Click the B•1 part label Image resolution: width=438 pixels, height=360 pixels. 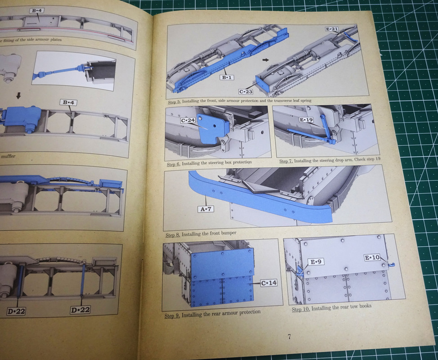(x=227, y=77)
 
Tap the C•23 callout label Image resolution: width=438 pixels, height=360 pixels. (x=246, y=91)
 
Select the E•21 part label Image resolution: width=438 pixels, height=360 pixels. (x=332, y=29)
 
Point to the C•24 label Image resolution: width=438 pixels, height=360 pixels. (x=188, y=121)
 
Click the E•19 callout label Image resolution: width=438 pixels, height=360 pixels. (x=306, y=120)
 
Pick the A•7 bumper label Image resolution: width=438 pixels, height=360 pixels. (x=206, y=209)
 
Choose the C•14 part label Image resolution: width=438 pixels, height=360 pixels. (x=269, y=283)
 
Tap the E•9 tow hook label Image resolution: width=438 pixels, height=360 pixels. (x=316, y=262)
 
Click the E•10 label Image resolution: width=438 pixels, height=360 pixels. (x=372, y=257)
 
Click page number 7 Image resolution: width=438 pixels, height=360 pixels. (x=289, y=337)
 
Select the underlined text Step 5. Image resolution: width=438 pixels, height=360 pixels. (x=174, y=102)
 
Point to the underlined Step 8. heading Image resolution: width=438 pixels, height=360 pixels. (x=173, y=235)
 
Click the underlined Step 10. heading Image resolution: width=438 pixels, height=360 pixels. (x=301, y=309)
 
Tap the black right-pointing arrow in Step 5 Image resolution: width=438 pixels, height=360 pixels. (x=266, y=60)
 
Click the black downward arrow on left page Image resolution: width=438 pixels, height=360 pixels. (x=18, y=96)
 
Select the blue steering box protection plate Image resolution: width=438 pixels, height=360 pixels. (x=212, y=128)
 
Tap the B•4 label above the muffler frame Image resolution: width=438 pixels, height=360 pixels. (x=68, y=102)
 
